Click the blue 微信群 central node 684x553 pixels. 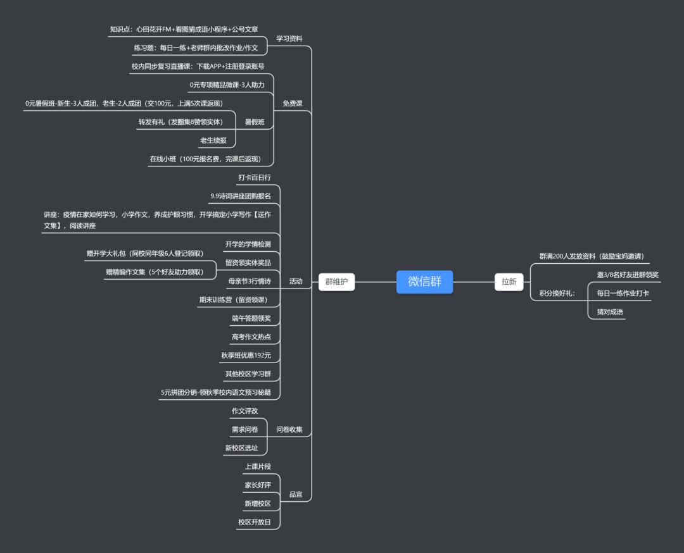click(424, 282)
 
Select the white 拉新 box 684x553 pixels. click(509, 282)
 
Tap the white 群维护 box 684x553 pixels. click(336, 282)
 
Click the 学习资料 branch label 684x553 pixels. click(289, 39)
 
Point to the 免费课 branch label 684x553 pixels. click(292, 103)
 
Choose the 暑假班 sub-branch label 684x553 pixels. click(255, 122)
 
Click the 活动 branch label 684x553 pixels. click(296, 281)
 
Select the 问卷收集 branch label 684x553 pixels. click(289, 430)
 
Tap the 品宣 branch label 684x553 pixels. click(296, 494)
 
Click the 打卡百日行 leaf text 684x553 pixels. click(255, 178)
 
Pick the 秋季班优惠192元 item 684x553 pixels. click(246, 356)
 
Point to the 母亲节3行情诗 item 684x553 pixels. click(250, 281)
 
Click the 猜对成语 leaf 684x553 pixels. click(609, 311)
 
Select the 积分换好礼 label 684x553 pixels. click(557, 293)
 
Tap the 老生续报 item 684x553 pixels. click(213, 140)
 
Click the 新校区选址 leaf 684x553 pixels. click(241, 448)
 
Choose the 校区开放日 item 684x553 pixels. click(255, 522)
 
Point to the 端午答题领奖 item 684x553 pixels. click(251, 318)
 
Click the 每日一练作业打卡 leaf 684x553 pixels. click(623, 293)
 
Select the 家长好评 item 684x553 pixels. click(258, 485)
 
